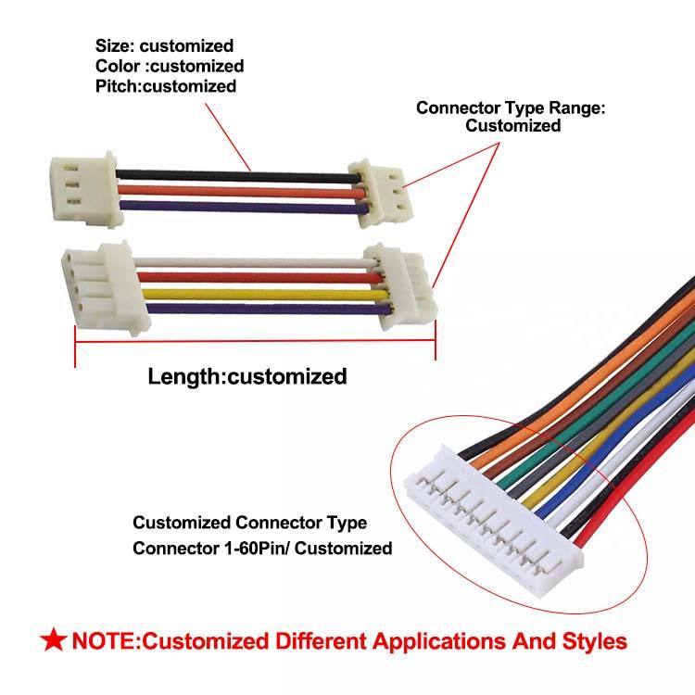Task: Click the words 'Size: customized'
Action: pos(164,45)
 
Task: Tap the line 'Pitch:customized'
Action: pos(166,86)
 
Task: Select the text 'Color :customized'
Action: pos(170,66)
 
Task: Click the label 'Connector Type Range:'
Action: pos(511,107)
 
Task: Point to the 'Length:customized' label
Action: pos(247,376)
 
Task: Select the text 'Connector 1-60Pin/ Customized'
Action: pos(262,548)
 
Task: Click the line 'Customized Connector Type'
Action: pos(249,524)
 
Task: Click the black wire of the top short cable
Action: pos(232,173)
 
